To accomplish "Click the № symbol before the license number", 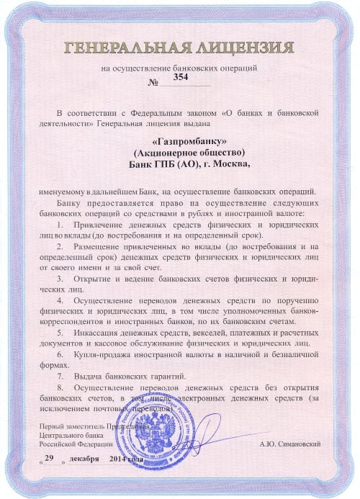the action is pyautogui.click(x=152, y=85).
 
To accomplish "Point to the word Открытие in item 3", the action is pyautogui.click(x=97, y=277).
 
